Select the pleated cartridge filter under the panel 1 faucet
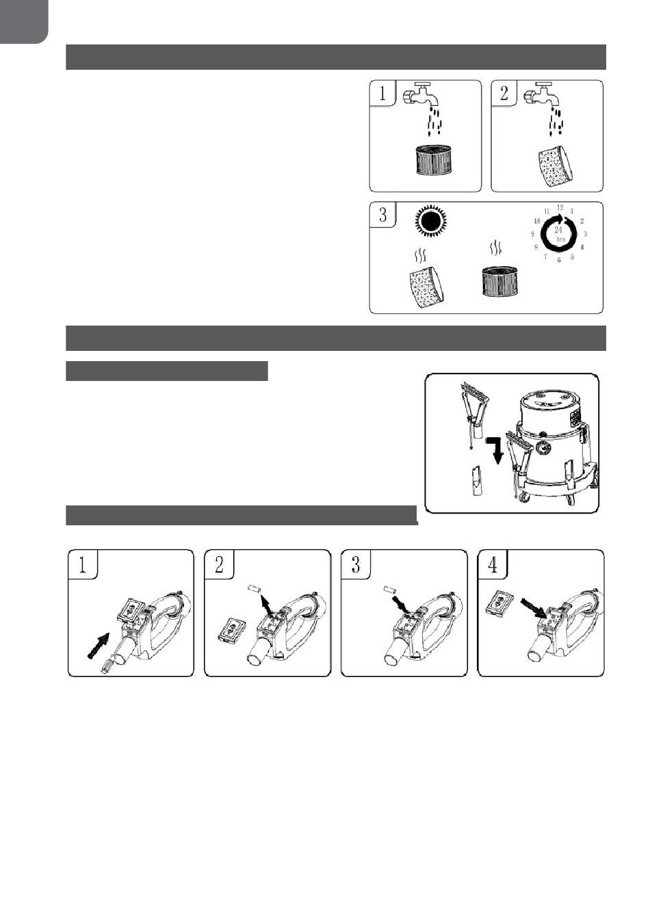434,159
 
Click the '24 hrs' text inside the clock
559,234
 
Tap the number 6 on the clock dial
558,260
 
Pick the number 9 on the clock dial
532,234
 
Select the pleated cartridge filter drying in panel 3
499,281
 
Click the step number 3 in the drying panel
383,215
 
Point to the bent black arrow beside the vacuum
495,450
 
